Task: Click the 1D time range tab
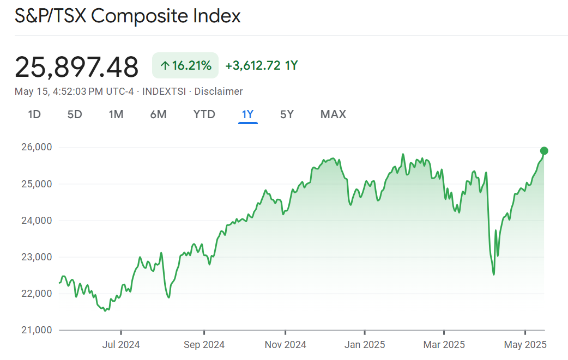(x=34, y=114)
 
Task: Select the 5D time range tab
(x=75, y=114)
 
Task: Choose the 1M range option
(x=116, y=114)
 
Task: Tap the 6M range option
(x=158, y=114)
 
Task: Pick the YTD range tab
(x=204, y=114)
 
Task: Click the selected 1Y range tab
(x=248, y=114)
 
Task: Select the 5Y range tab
(x=287, y=114)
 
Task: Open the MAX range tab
(x=333, y=114)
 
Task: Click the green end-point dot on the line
(x=544, y=151)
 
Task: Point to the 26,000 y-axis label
(x=35, y=147)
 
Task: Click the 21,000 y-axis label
(x=35, y=330)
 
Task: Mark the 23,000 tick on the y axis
(x=35, y=257)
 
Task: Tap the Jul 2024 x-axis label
(x=121, y=345)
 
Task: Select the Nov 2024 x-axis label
(x=285, y=345)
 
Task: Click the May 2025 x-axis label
(x=525, y=345)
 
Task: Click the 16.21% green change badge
(x=185, y=66)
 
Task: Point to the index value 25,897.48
(x=77, y=67)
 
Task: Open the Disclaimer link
(x=219, y=91)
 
